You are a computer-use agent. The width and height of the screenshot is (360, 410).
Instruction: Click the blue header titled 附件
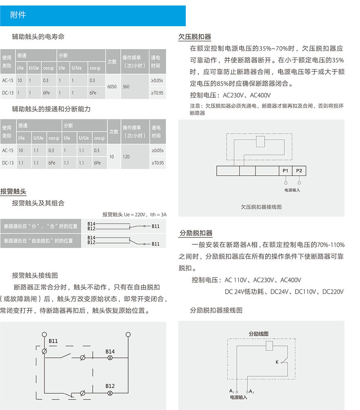[93, 16]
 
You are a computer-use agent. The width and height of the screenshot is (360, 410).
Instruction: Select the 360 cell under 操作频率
[126, 86]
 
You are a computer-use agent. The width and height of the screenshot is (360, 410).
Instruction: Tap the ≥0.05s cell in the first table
[157, 80]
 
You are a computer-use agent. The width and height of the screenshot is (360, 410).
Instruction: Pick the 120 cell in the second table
[126, 157]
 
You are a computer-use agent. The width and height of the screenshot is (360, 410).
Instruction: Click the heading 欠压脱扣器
[195, 37]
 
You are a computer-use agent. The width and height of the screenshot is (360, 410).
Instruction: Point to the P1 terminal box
[285, 171]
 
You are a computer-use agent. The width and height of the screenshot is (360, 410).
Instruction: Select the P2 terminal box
[299, 171]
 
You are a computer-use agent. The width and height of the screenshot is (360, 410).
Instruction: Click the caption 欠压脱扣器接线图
[261, 207]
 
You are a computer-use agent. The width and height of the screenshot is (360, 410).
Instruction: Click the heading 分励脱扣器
[196, 233]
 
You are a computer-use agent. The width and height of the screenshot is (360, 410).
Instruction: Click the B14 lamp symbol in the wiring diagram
[110, 357]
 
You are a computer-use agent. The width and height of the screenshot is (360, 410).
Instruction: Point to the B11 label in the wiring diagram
[53, 341]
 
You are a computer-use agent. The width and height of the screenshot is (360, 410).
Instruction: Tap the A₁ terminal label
[232, 391]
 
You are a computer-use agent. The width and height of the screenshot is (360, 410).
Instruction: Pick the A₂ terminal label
[252, 391]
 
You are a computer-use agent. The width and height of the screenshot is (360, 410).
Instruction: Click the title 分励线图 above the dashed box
[259, 334]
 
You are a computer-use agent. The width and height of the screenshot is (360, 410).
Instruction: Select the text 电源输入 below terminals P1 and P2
[292, 190]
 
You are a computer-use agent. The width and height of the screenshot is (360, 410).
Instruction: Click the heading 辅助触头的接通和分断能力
[51, 109]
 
